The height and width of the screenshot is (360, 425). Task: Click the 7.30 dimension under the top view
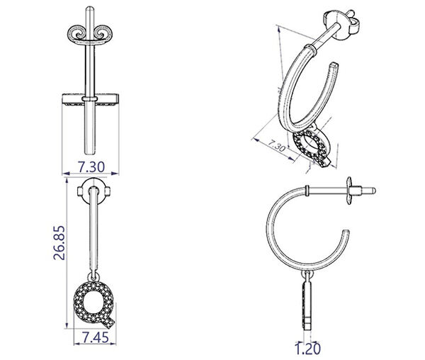(91, 167)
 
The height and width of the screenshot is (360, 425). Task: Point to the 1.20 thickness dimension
(307, 348)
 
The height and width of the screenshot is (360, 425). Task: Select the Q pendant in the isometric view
(312, 149)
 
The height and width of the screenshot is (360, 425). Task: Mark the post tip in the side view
(373, 191)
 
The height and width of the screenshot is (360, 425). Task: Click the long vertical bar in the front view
(91, 234)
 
